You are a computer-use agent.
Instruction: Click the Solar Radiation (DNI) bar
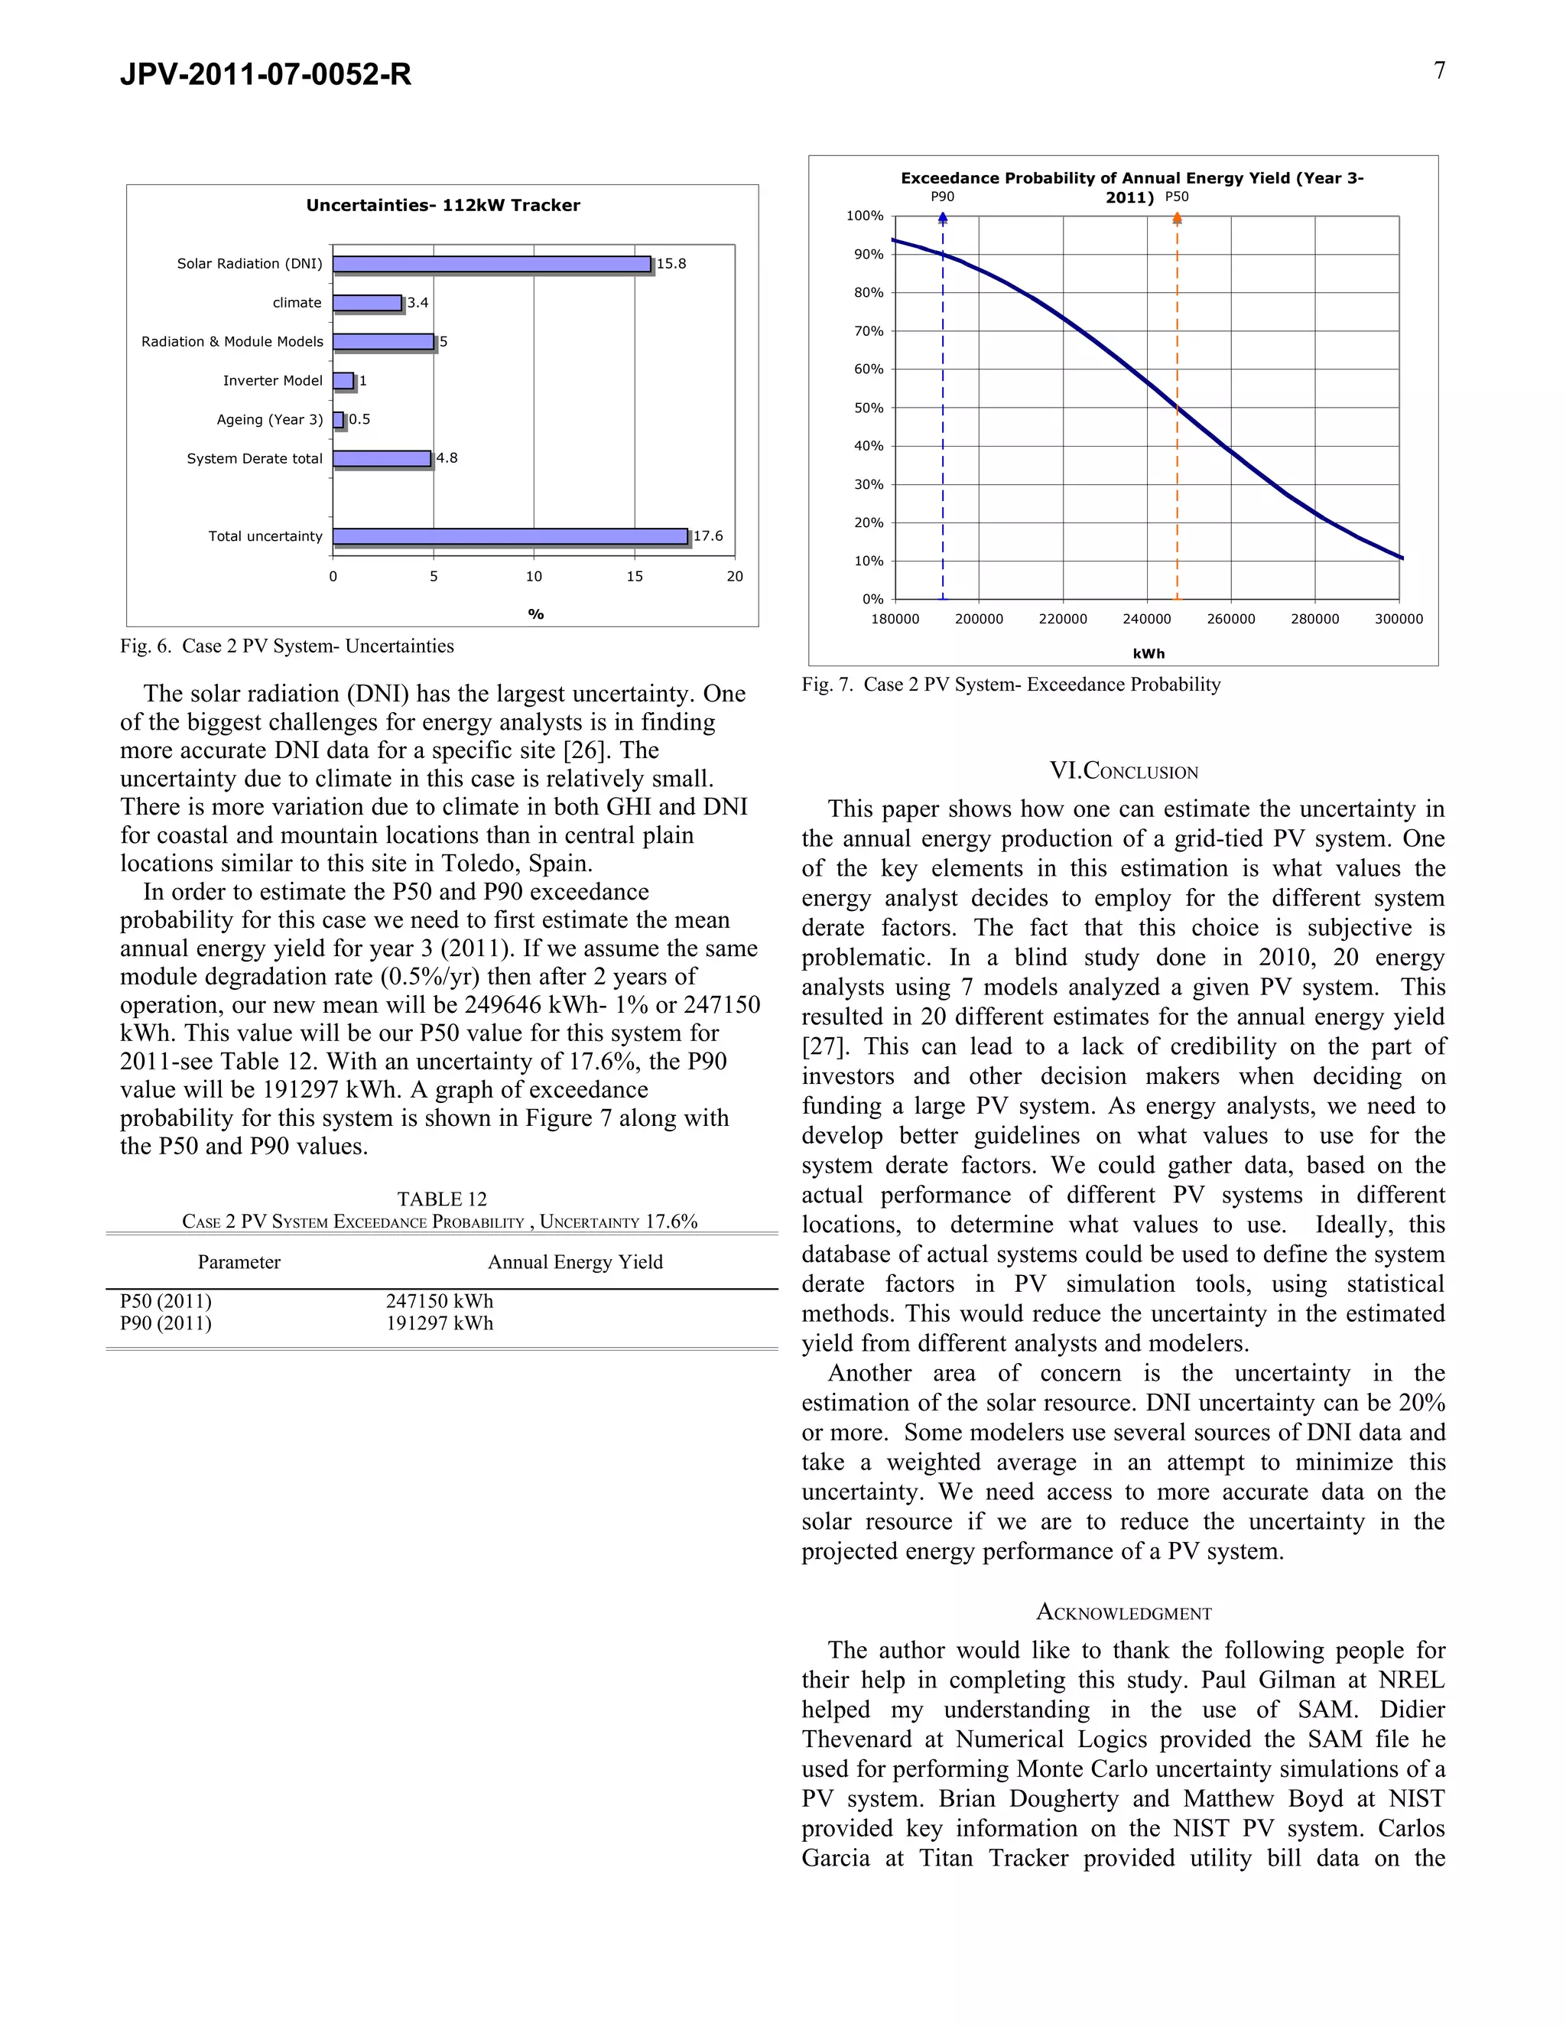pos(492,265)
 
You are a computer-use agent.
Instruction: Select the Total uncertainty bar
pos(510,536)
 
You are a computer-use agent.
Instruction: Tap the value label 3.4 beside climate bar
pos(417,303)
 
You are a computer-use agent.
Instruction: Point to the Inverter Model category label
pos(273,380)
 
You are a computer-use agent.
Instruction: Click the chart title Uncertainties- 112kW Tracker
pos(443,205)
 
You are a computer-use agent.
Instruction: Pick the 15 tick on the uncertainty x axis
pos(635,577)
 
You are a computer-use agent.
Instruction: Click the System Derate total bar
pos(382,458)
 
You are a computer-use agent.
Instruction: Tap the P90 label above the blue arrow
pos(943,197)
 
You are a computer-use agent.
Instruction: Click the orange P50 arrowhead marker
pos(1178,218)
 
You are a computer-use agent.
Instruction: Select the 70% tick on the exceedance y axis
pos(869,331)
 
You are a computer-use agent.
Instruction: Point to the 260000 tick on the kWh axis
pos(1231,619)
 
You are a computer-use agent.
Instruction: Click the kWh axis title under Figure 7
pos(1149,653)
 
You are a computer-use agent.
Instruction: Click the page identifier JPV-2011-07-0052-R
pos(265,74)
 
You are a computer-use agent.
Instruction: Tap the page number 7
pos(1439,70)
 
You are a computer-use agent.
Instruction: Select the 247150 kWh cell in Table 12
pos(440,1301)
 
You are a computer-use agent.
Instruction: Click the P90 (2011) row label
pos(165,1323)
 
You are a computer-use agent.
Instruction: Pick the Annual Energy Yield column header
pos(575,1262)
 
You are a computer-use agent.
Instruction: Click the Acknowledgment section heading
pos(1123,1612)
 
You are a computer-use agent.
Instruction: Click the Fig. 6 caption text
pos(287,646)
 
